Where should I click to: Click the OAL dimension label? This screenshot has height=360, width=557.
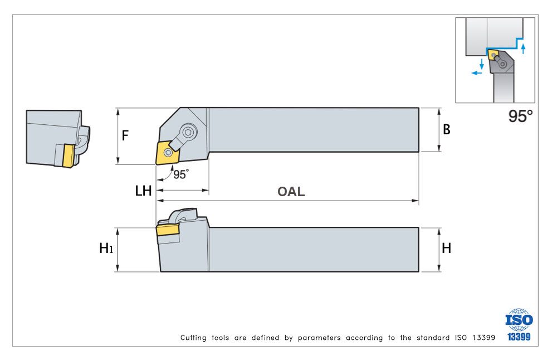pyautogui.click(x=291, y=192)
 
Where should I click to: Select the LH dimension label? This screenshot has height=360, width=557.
pyautogui.click(x=144, y=191)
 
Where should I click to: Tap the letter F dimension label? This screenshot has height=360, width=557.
pyautogui.click(x=125, y=135)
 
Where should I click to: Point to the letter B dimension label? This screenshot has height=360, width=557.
pyautogui.click(x=447, y=130)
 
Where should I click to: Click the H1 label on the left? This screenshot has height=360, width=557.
pyautogui.click(x=106, y=249)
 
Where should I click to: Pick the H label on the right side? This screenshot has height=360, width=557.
pyautogui.click(x=447, y=249)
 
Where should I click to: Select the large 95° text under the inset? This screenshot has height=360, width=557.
pyautogui.click(x=521, y=116)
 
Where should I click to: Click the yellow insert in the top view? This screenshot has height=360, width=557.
pyautogui.click(x=166, y=153)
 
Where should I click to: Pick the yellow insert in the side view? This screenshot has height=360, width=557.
pyautogui.click(x=167, y=231)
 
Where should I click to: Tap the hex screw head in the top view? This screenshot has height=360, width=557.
pyautogui.click(x=189, y=132)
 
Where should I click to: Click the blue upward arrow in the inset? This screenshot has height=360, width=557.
pyautogui.click(x=523, y=48)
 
